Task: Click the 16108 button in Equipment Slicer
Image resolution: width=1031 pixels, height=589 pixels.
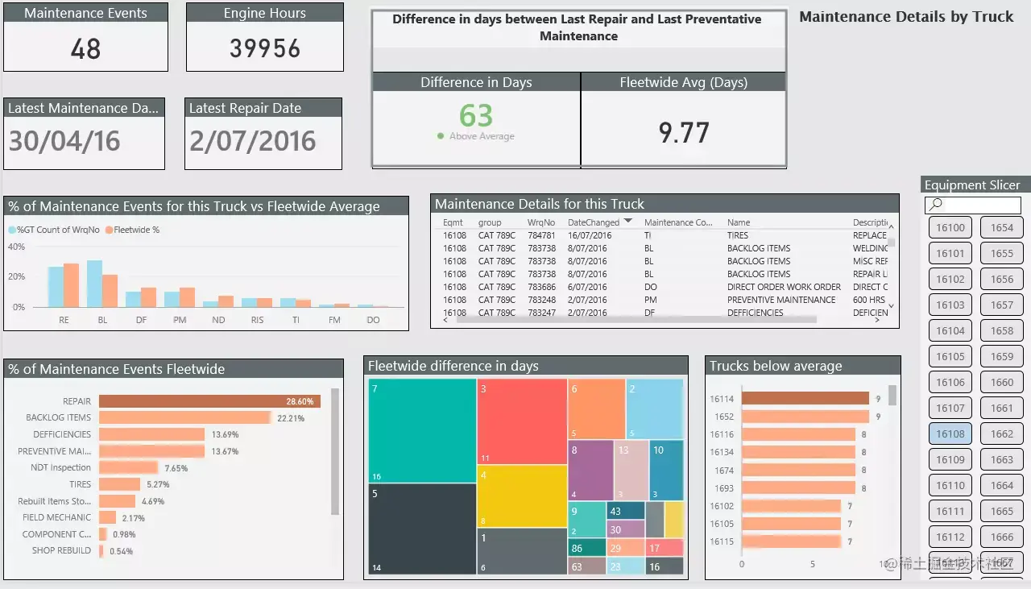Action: (x=950, y=433)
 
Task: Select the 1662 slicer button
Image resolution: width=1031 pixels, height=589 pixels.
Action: (x=1002, y=433)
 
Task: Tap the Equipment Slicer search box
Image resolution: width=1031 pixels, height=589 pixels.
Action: (x=973, y=205)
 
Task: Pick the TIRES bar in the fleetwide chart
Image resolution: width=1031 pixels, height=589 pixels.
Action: (x=119, y=484)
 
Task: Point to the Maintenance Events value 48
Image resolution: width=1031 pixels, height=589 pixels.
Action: (x=85, y=49)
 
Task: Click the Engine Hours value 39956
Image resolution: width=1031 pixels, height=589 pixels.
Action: (x=264, y=48)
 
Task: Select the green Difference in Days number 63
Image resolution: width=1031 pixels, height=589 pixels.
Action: (x=476, y=116)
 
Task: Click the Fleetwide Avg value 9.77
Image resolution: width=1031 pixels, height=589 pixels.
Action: (x=683, y=132)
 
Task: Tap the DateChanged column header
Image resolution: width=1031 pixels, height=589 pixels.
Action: (x=594, y=222)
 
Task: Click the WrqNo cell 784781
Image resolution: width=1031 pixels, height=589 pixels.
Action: (x=541, y=235)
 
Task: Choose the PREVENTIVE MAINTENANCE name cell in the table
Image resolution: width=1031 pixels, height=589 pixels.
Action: (x=780, y=300)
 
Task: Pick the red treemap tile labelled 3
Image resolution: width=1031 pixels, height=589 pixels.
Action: (x=522, y=421)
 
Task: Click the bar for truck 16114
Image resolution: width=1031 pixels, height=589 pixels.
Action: (x=805, y=398)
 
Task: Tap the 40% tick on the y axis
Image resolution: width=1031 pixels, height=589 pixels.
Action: (x=16, y=247)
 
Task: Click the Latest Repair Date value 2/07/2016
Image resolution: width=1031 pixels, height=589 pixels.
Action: (x=253, y=142)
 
